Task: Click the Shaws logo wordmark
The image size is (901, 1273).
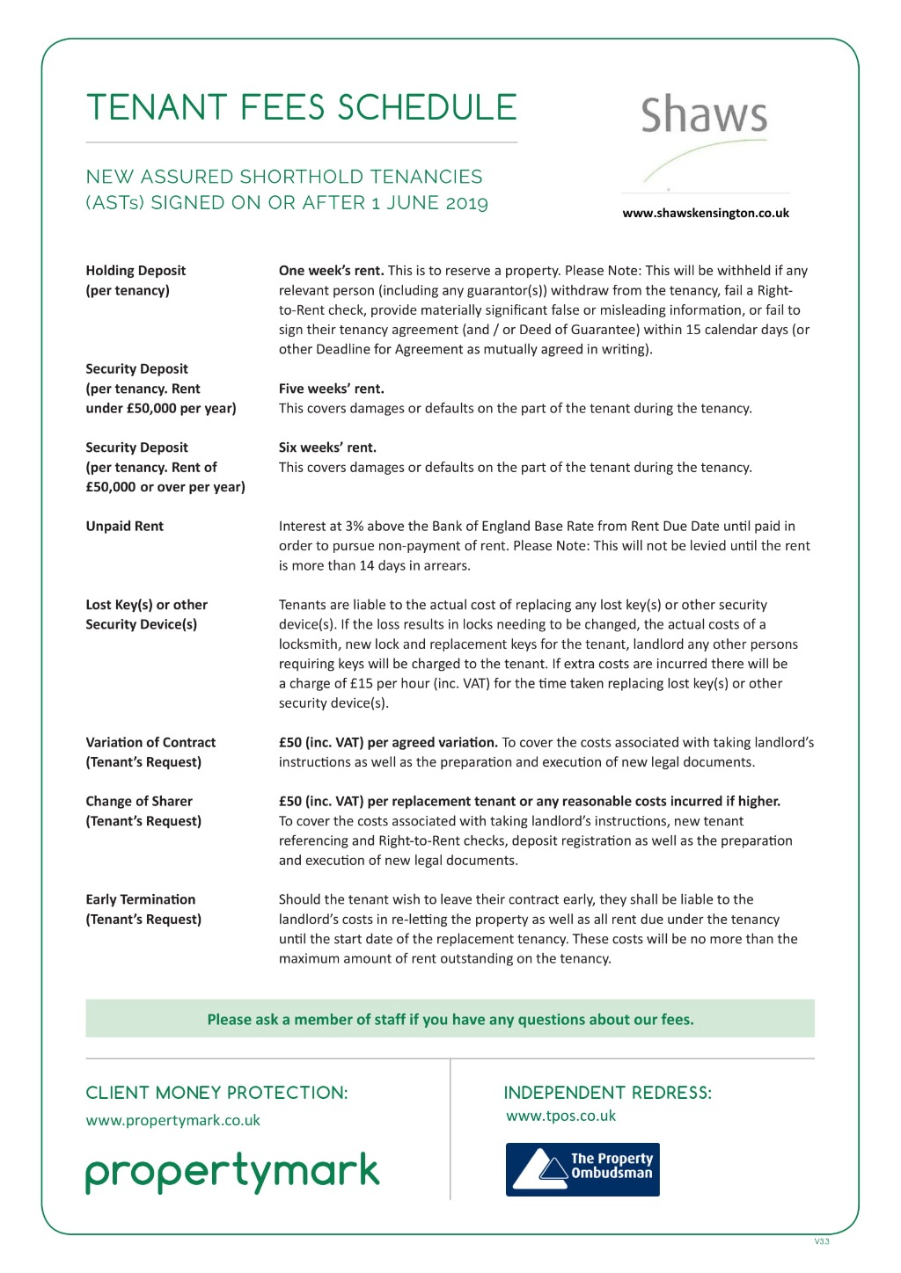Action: (704, 116)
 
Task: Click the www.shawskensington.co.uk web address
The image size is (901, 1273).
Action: (705, 213)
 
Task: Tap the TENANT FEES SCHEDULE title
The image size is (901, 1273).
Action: (301, 107)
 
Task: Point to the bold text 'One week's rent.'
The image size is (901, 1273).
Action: (331, 271)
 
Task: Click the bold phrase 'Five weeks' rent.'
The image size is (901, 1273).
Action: (331, 389)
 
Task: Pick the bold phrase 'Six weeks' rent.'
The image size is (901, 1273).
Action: (327, 447)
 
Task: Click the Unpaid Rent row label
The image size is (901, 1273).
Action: (124, 526)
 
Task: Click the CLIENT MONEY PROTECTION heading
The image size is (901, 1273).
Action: (216, 1093)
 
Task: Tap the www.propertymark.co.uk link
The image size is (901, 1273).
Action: (172, 1120)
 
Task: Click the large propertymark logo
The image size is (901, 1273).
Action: (232, 1173)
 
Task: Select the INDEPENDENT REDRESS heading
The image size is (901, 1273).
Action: (607, 1093)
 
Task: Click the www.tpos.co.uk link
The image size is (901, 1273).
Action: (560, 1116)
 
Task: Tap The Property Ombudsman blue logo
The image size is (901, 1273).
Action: (582, 1169)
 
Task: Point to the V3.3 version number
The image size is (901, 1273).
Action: (822, 1241)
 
